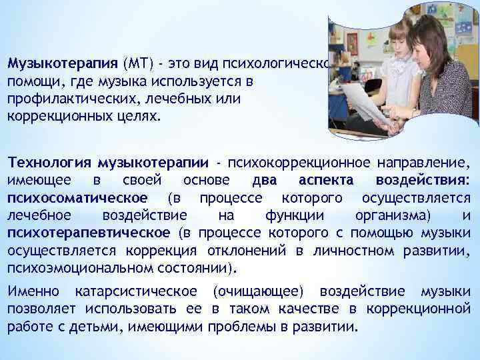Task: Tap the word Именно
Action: tap(32, 291)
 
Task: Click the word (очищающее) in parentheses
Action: tap(258, 291)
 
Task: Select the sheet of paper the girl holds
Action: tap(363, 100)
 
